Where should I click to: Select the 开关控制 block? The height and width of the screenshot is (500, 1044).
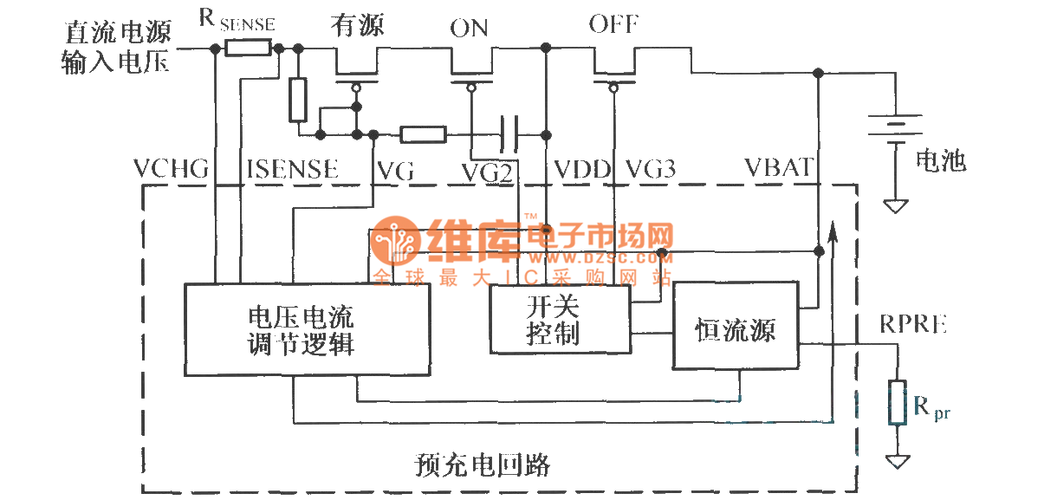[560, 319]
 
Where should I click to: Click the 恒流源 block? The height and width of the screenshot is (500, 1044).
[736, 326]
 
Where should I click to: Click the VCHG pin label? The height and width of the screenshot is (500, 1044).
[172, 169]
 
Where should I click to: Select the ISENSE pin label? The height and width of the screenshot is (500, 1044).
[292, 169]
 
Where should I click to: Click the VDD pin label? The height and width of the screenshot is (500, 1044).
[582, 169]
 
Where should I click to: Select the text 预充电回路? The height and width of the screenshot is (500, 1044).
[483, 464]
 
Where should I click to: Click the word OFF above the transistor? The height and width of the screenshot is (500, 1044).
[614, 24]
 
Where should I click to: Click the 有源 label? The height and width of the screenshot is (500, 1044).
[356, 25]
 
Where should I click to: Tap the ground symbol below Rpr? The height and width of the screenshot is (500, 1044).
[898, 462]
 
